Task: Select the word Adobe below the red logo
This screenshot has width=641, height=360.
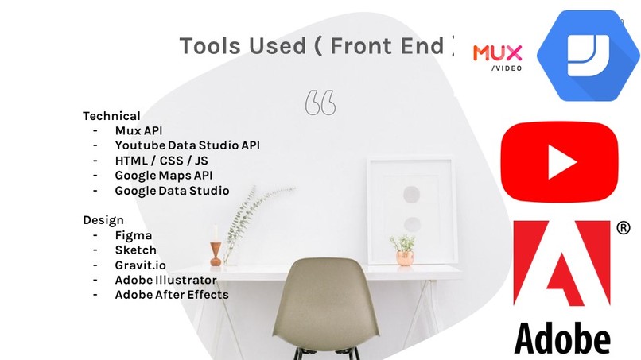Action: point(561,336)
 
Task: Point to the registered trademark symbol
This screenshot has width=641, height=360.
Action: point(623,228)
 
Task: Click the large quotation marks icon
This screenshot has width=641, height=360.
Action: point(320,102)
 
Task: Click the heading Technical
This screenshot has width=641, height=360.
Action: point(111,116)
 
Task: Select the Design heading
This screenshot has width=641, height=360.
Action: point(103,220)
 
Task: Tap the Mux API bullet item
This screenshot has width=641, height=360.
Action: point(138,130)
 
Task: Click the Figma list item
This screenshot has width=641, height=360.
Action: point(133,235)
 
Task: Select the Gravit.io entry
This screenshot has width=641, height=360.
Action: point(140,265)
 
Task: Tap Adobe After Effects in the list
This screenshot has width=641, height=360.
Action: point(171,295)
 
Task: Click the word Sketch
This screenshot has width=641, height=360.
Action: point(135,250)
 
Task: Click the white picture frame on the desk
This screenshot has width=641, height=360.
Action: point(411,209)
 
